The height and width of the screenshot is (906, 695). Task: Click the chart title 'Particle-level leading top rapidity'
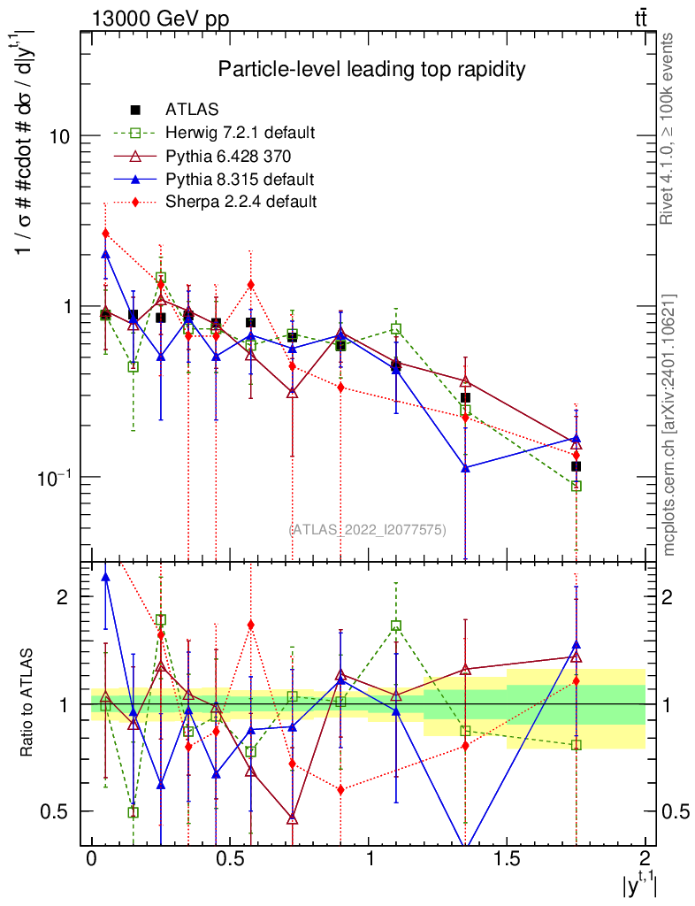click(x=372, y=69)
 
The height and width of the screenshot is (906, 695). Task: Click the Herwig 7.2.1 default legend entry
click(x=240, y=133)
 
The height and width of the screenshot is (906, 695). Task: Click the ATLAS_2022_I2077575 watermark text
click(x=368, y=529)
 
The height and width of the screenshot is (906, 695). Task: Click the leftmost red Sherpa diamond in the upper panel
click(x=105, y=234)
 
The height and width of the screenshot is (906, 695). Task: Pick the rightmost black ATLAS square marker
click(x=576, y=466)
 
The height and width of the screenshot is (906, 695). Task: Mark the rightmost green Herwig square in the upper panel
click(x=576, y=486)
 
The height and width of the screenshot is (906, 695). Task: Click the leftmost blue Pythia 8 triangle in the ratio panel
click(x=105, y=578)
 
